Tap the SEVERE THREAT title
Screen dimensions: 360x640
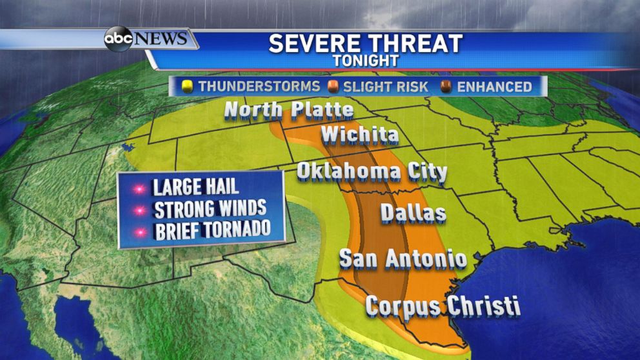tap(365, 43)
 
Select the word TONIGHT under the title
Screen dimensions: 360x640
tap(365, 61)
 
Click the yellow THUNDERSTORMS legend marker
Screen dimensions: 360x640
tap(188, 86)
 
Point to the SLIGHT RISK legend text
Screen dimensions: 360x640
tap(385, 86)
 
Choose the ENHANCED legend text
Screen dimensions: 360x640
tap(495, 86)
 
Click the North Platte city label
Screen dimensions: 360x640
tap(289, 110)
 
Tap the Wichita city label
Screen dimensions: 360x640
tap(359, 136)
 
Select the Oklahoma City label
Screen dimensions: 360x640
tap(372, 172)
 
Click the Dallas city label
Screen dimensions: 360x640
tap(413, 212)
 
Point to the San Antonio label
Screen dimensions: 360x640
tap(403, 259)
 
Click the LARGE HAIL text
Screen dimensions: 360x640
tap(195, 188)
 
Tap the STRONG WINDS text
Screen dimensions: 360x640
tap(210, 209)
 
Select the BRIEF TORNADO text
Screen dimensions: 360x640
tap(211, 230)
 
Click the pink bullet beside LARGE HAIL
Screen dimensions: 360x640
tap(137, 188)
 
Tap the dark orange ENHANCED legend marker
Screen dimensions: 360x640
tap(446, 86)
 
